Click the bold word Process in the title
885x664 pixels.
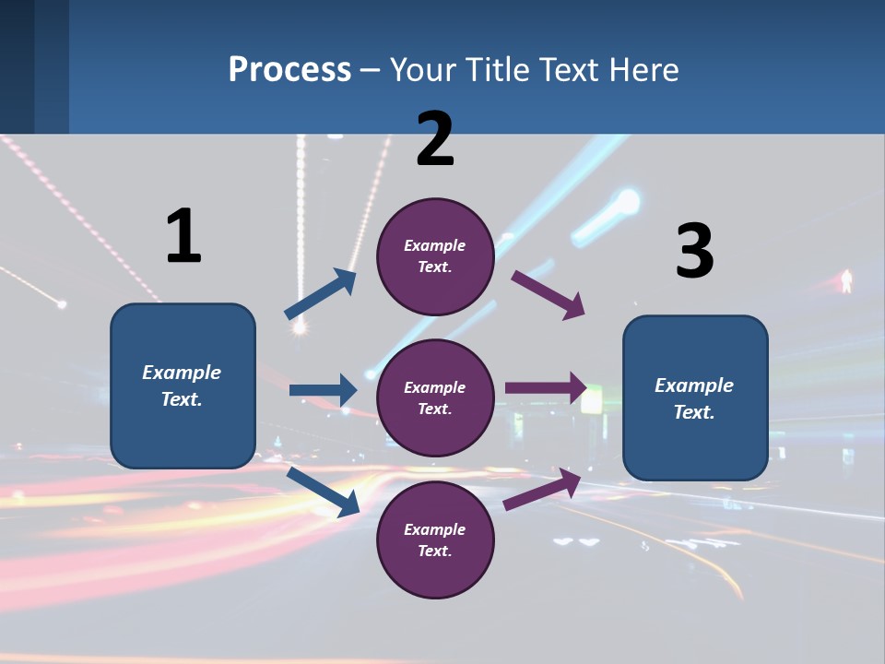(x=289, y=70)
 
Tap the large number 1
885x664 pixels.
(x=183, y=236)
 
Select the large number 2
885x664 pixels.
(x=435, y=139)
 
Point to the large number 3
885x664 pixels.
(x=694, y=252)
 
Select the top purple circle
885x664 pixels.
(x=435, y=256)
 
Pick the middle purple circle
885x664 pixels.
(x=435, y=398)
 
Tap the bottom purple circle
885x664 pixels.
(x=435, y=540)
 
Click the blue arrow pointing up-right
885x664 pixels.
(x=321, y=294)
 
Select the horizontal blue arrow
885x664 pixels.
(x=323, y=390)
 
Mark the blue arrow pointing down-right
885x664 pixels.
(x=324, y=492)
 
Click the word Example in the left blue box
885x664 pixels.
(x=182, y=373)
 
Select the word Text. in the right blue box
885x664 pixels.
(x=694, y=412)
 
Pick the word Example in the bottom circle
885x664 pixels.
(x=435, y=529)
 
